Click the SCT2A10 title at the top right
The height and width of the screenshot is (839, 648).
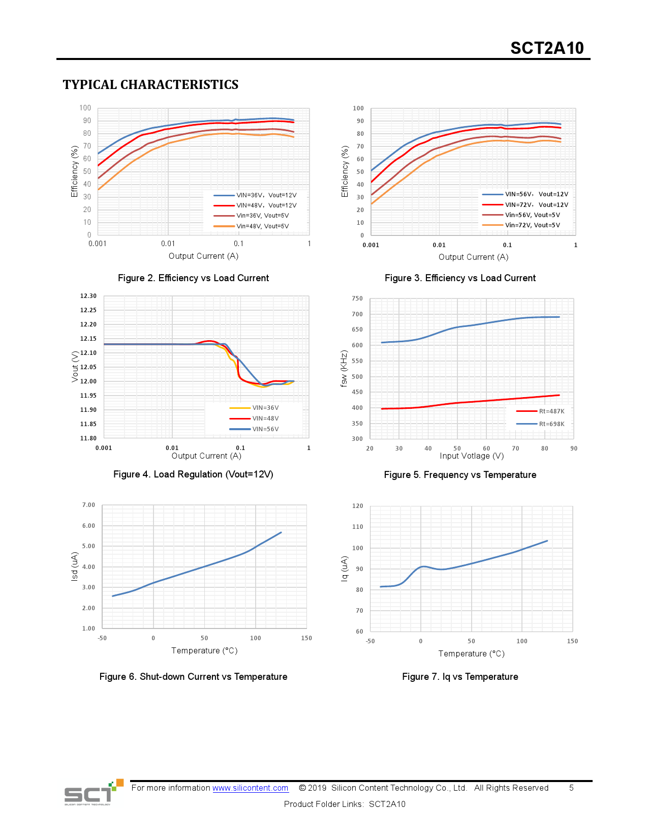pos(547,48)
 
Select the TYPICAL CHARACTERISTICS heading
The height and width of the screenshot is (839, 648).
pos(150,84)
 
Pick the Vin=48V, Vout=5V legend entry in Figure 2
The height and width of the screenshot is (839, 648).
pos(262,226)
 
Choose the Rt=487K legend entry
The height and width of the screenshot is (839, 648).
pos(551,411)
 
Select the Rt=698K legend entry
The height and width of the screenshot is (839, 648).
pos(551,424)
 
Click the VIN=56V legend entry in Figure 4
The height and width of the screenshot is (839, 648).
pos(265,429)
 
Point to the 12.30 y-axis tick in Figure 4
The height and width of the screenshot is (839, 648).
pos(88,296)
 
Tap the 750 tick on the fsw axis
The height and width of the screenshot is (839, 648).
pos(357,298)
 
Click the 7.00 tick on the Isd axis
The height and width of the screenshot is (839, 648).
pos(88,505)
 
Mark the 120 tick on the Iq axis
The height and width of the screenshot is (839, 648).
pos(358,506)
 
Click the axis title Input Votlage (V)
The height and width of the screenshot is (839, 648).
pos(472,456)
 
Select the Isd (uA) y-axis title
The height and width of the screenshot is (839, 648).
pos(75,566)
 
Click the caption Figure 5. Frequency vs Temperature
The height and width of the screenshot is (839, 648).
pos(460,475)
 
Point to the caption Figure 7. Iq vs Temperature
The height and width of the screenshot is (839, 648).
pos(460,677)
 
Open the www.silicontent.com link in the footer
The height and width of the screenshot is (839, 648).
pos(251,788)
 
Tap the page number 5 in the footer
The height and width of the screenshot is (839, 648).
pos(571,788)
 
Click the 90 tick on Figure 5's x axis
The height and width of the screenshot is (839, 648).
pos(574,448)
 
